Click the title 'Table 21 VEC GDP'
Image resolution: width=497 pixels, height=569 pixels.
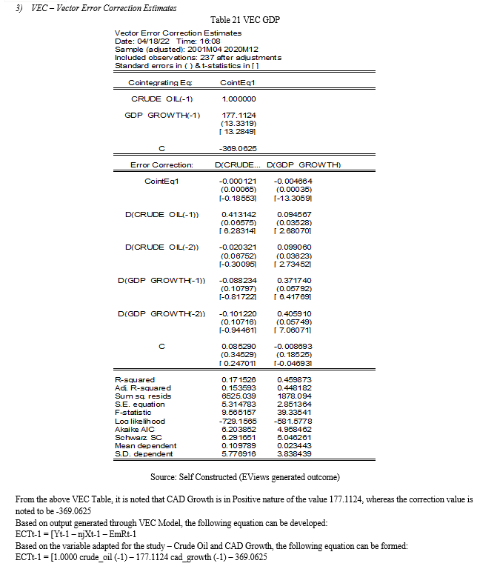(248, 19)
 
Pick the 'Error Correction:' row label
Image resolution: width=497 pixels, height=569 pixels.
(161, 164)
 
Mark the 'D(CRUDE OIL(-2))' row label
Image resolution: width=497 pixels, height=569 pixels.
(161, 246)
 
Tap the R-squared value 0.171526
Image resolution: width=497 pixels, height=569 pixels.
(238, 380)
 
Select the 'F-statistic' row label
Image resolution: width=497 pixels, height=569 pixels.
(136, 410)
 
